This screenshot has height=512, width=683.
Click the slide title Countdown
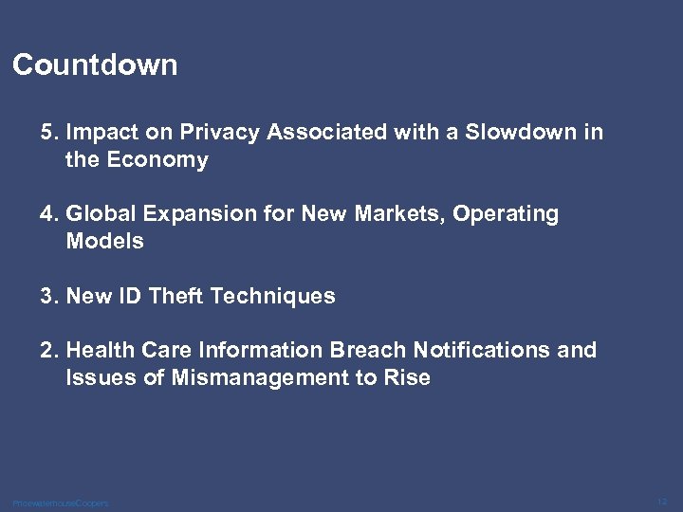point(95,65)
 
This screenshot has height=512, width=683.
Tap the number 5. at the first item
point(49,133)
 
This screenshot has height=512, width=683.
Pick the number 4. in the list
point(49,214)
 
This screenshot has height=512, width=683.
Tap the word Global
point(100,214)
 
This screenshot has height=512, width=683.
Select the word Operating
point(506,215)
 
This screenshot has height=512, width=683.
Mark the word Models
point(104,242)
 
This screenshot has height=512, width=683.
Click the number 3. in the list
point(49,296)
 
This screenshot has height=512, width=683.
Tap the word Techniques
point(273,296)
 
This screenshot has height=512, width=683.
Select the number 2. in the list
point(49,351)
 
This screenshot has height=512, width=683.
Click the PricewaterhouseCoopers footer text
point(61,503)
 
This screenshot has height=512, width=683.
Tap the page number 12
point(661,501)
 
